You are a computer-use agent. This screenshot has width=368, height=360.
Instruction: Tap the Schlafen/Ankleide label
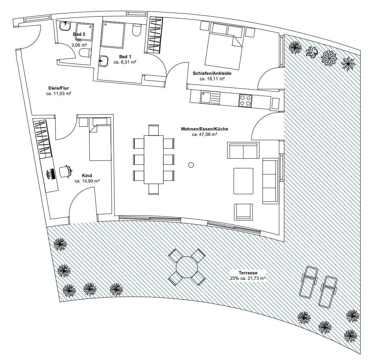click(x=212, y=73)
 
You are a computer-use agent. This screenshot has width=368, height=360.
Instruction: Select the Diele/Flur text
click(x=59, y=88)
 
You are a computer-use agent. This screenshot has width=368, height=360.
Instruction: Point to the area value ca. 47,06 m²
click(x=204, y=134)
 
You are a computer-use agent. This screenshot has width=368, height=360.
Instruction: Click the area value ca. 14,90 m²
click(x=87, y=181)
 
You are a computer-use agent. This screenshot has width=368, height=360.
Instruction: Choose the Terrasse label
click(x=248, y=273)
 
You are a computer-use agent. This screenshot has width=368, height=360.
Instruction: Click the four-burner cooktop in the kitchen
click(x=245, y=100)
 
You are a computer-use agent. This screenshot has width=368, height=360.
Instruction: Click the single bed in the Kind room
click(x=100, y=141)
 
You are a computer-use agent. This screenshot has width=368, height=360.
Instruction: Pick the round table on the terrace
click(x=187, y=267)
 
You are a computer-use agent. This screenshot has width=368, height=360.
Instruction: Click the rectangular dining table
click(x=153, y=159)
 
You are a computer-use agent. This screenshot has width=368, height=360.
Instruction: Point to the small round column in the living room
click(x=191, y=165)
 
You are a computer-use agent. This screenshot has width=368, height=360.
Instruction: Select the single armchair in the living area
click(x=244, y=212)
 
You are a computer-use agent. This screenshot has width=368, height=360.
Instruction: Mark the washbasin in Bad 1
click(x=103, y=61)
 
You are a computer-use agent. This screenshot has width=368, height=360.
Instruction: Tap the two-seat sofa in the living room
click(x=243, y=150)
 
